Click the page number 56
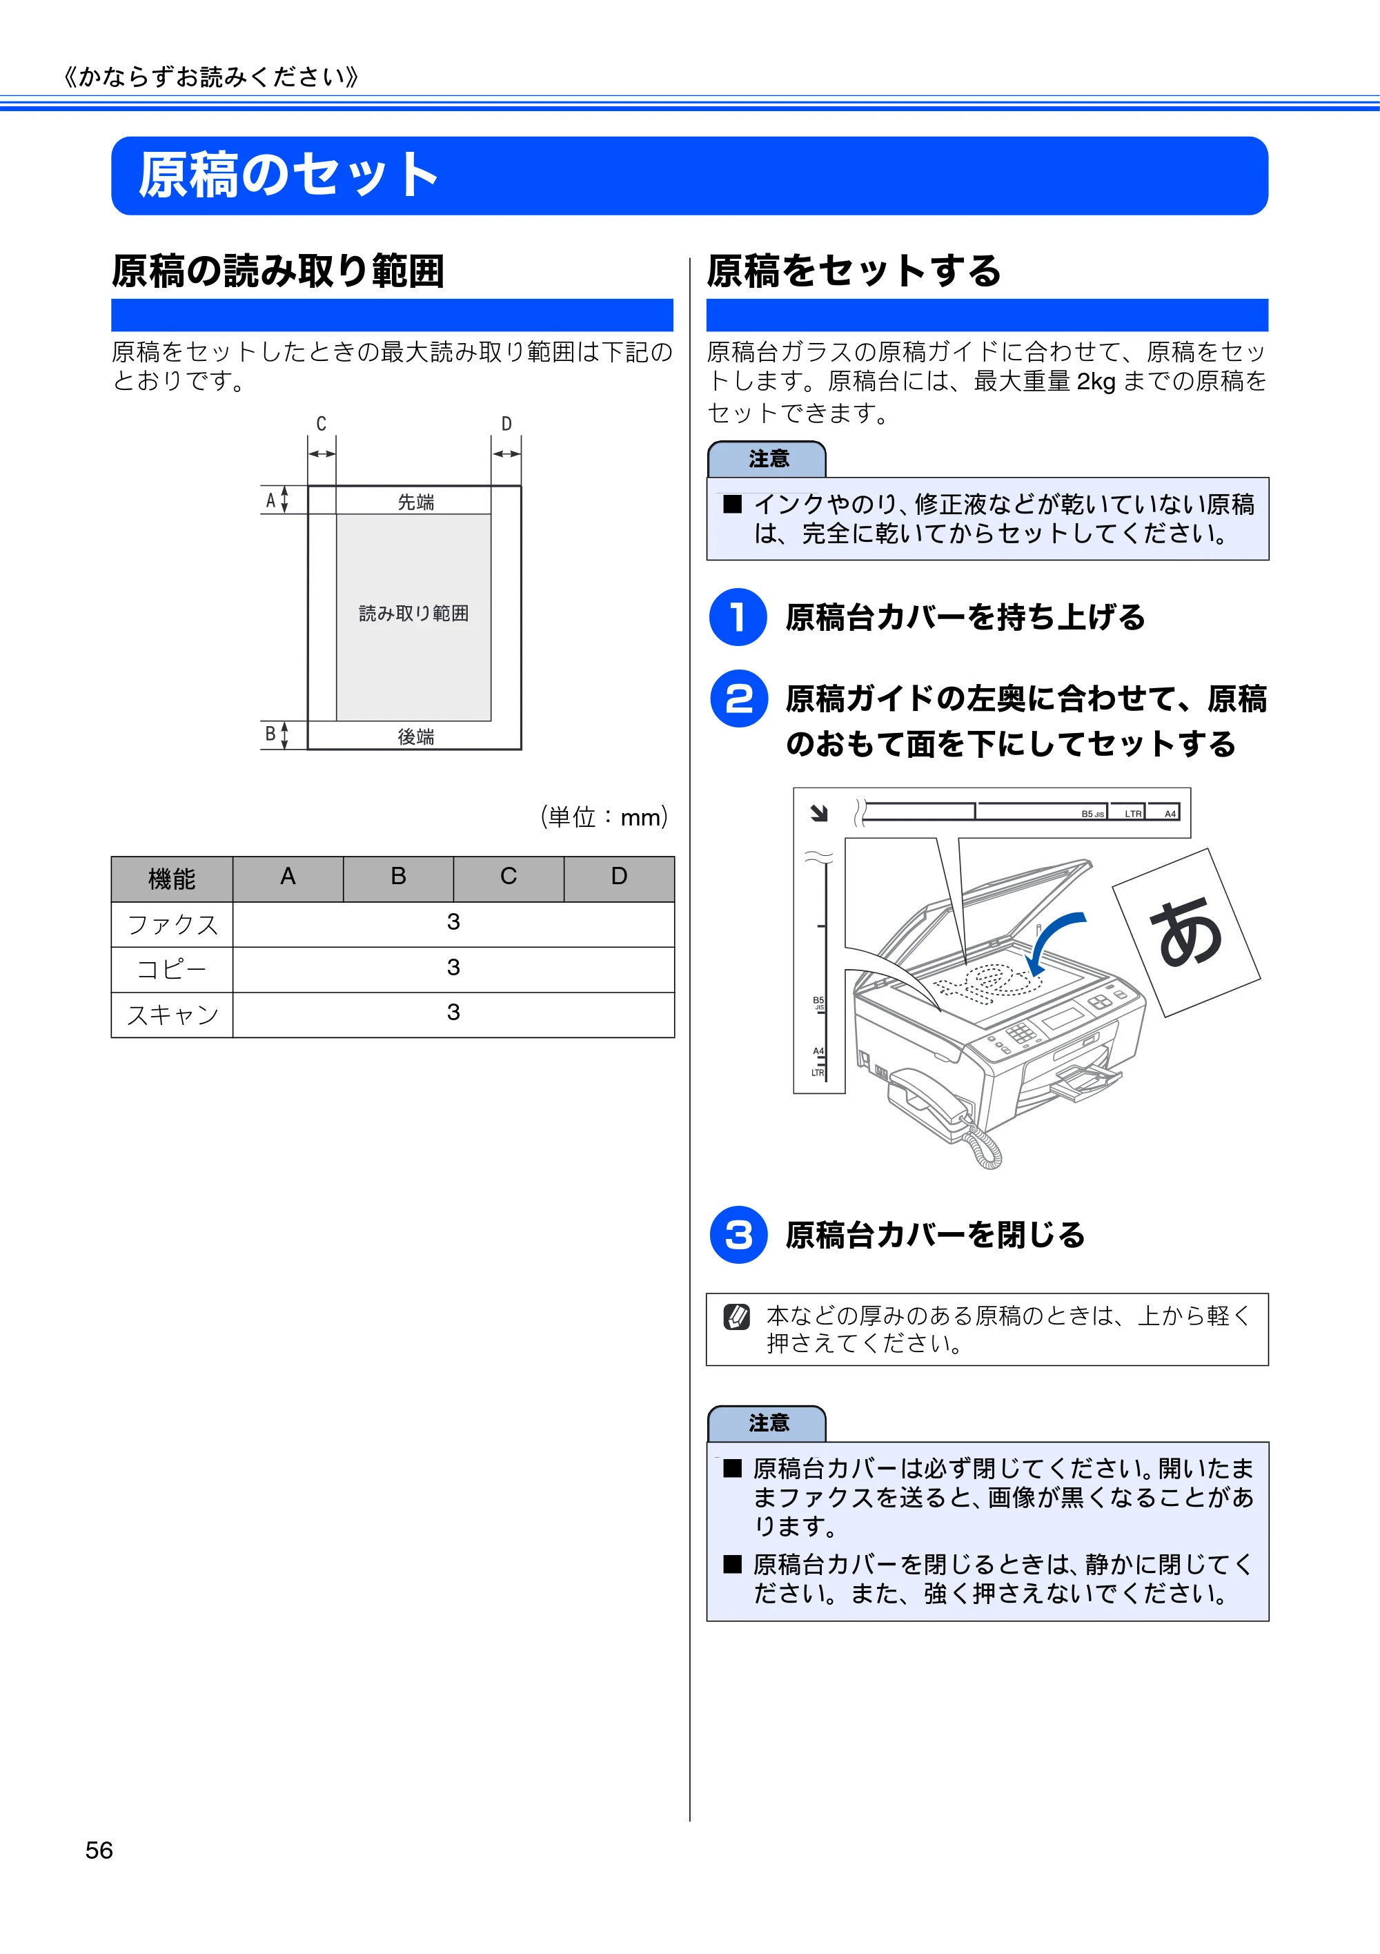[99, 1850]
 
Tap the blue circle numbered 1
[738, 617]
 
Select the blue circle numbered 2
[738, 698]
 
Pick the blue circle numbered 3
[738, 1235]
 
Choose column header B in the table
[398, 877]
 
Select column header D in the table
[620, 877]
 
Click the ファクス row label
[172, 924]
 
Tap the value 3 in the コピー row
[453, 968]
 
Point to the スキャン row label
[172, 1015]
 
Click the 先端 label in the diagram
[416, 502]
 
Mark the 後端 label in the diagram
[416, 736]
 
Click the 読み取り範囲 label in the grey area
[413, 613]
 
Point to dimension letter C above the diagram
[321, 424]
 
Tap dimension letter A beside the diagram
[270, 500]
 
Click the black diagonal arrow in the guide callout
[819, 814]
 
